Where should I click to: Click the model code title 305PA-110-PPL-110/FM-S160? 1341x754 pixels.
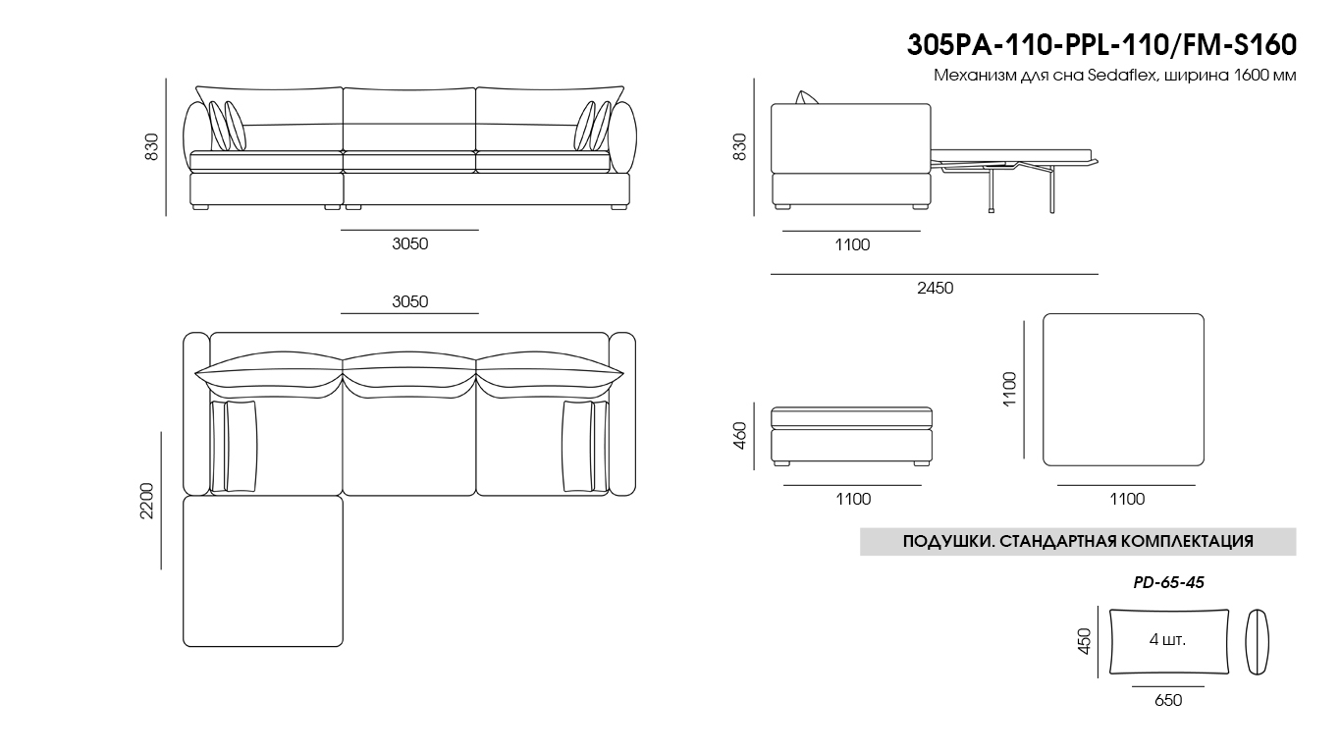click(1101, 45)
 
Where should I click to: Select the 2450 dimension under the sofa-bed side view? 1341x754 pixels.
click(936, 288)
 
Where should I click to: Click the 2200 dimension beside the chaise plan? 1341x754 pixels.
click(147, 501)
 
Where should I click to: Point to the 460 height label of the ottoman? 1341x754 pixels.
click(740, 436)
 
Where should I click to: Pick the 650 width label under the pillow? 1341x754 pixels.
click(1168, 700)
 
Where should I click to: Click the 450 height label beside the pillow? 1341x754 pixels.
click(1084, 641)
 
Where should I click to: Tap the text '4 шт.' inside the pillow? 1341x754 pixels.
click(1167, 639)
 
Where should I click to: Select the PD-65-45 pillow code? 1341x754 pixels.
click(1168, 582)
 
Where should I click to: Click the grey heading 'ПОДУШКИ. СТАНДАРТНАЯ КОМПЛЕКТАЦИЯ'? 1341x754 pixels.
click(1078, 541)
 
